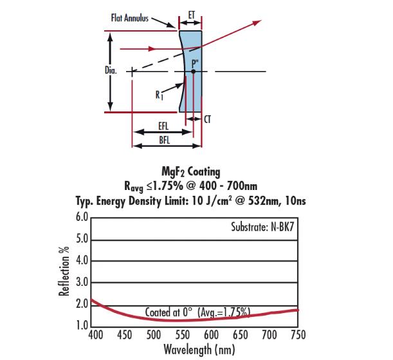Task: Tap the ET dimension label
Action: point(190,14)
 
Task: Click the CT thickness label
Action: point(207,120)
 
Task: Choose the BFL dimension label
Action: point(163,139)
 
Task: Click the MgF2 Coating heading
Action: point(190,172)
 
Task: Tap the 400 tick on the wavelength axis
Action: point(94,335)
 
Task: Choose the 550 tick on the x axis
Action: point(182,335)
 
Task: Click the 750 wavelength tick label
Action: point(298,335)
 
